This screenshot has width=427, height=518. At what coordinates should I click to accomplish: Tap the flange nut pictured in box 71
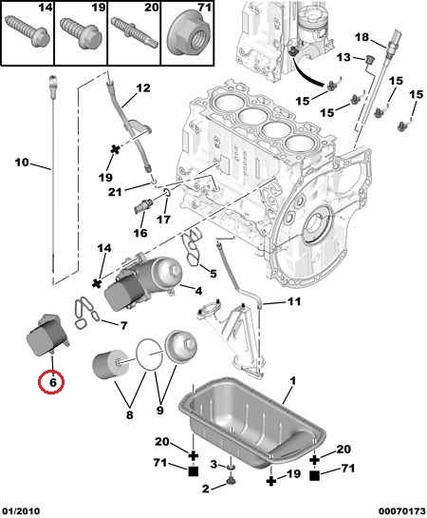point(189,32)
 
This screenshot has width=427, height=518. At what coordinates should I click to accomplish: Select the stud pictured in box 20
point(134,33)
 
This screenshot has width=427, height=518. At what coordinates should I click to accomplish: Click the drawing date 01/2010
point(21,511)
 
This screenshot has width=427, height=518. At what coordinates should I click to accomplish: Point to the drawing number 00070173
point(402,511)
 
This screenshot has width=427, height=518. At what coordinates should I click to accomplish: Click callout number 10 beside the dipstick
point(22,163)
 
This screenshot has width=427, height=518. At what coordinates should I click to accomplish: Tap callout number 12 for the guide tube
point(143,87)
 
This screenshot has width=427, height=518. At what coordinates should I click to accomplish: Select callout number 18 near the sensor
point(362,37)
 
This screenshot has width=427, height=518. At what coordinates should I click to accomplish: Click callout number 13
point(343,57)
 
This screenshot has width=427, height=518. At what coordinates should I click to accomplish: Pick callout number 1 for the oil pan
point(292,381)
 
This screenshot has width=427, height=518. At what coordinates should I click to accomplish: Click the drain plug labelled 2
point(231,482)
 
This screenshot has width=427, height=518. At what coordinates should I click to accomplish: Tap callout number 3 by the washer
point(213,465)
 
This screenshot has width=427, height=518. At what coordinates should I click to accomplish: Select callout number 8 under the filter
point(129,414)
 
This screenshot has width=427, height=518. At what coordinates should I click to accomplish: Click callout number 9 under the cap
point(159,410)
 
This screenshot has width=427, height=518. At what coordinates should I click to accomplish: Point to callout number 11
point(294,301)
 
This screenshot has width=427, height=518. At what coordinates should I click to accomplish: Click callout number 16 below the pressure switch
point(140,233)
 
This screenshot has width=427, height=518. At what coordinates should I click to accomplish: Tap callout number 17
point(163,219)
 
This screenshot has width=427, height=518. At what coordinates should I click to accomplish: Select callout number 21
point(115,192)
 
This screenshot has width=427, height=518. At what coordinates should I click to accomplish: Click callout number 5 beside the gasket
point(213,274)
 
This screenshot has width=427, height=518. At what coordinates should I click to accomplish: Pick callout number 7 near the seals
point(123,326)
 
